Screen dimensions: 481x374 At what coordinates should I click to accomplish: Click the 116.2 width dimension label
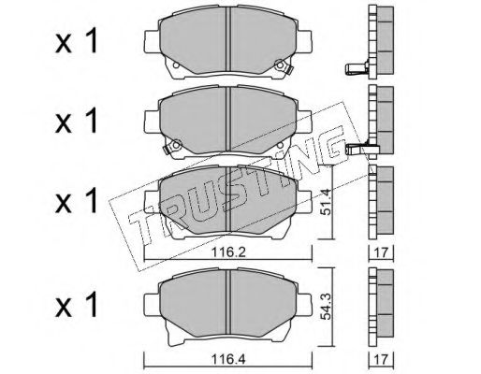(228, 252)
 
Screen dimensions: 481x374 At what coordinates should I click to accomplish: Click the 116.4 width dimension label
(228, 359)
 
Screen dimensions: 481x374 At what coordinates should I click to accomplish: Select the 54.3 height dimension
(327, 307)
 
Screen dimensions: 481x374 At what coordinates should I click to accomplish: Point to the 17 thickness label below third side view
(381, 252)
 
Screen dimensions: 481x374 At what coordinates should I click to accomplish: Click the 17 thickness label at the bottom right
(381, 360)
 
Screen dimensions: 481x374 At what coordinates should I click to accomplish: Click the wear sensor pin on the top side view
(357, 68)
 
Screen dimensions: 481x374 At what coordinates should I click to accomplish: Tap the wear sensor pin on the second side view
(357, 150)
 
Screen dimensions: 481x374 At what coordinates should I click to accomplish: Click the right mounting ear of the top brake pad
(304, 42)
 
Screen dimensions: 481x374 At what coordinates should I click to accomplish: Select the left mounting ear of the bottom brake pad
(152, 306)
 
